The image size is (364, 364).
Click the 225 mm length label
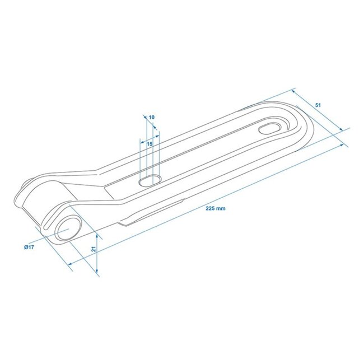tap(216, 208)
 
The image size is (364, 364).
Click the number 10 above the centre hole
tap(152, 117)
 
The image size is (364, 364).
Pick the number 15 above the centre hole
tap(150, 144)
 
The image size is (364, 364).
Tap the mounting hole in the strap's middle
tap(150, 180)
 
